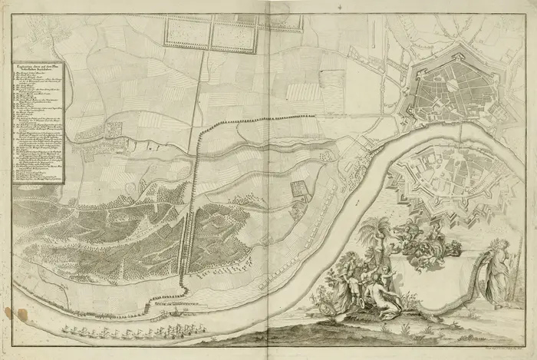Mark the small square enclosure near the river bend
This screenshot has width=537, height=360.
click(298, 190)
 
